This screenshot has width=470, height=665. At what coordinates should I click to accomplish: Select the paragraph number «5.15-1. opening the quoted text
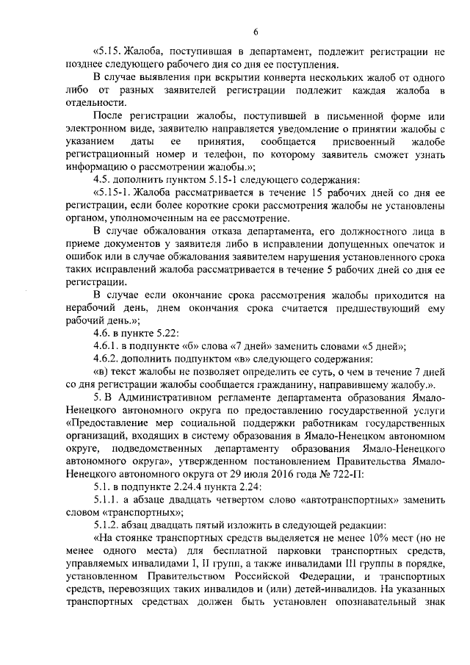click(x=110, y=193)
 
